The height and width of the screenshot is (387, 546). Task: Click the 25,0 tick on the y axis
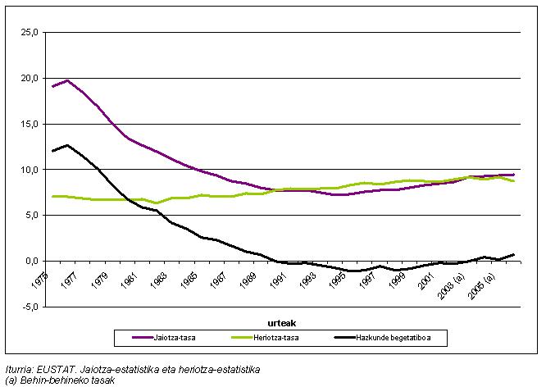tap(30, 33)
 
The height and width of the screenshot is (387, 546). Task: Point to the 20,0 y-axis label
tap(30, 78)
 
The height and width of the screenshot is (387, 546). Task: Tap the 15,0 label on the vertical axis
tap(30, 124)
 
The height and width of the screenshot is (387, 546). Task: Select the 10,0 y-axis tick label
tap(30, 170)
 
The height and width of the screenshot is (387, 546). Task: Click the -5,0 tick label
tap(30, 307)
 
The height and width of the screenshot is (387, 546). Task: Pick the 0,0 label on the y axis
tap(31, 261)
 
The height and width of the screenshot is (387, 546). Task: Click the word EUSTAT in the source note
tap(49, 370)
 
